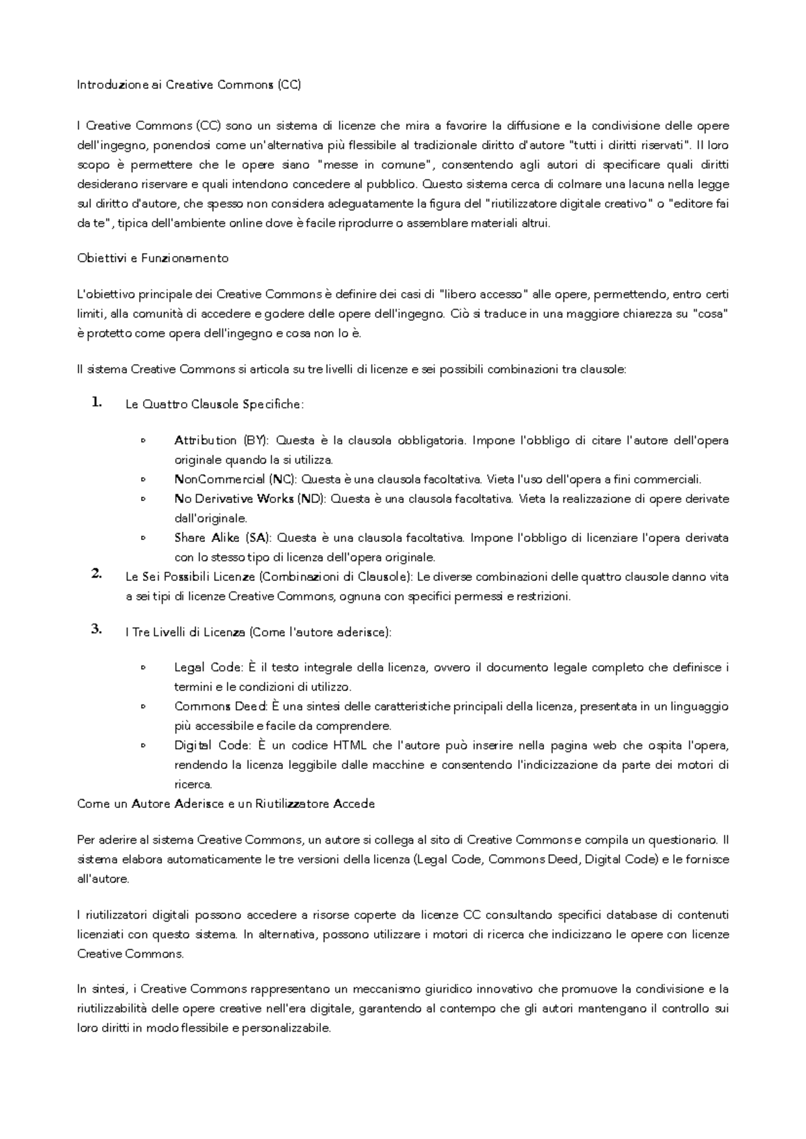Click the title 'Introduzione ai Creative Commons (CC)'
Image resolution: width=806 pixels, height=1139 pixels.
click(x=189, y=85)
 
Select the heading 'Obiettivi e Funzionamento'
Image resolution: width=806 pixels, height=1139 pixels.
click(x=153, y=258)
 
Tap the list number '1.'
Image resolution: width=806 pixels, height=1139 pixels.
click(x=95, y=402)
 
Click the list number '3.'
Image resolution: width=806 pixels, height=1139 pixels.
click(x=95, y=629)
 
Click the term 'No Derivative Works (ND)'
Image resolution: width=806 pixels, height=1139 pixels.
click(x=249, y=499)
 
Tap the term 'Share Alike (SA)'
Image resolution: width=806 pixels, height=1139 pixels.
click(x=222, y=538)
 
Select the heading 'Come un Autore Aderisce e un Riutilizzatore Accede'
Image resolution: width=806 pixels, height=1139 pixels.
click(x=226, y=804)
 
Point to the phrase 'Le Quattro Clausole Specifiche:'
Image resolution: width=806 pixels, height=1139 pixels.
click(x=214, y=404)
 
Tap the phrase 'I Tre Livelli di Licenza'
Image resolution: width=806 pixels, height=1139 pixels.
click(x=185, y=632)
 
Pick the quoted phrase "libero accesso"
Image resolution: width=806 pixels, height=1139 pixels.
click(x=482, y=294)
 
